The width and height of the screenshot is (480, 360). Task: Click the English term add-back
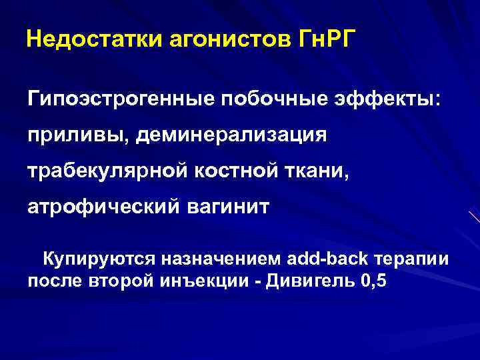[x=324, y=258]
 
